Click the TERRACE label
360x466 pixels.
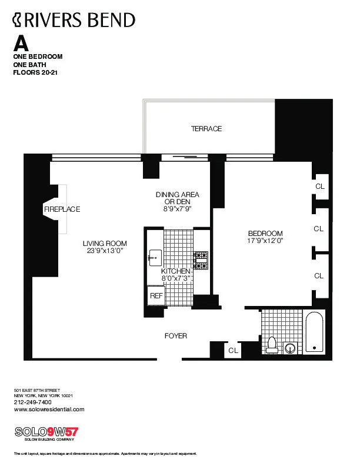pos(206,129)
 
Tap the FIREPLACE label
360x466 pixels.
pos(61,209)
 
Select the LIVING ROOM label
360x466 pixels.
pos(105,244)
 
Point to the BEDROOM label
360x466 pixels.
pos(265,233)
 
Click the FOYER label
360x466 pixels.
pos(175,336)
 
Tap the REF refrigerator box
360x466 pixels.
pos(156,296)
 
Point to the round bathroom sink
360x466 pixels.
pos(289,348)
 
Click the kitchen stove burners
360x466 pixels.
pos(201,261)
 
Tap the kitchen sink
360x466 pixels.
pos(155,257)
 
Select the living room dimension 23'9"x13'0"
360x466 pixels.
pos(105,251)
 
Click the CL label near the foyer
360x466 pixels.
pos(234,350)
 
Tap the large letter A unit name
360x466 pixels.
pos(21,43)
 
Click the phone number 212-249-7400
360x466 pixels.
pos(32,402)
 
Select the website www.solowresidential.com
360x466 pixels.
pos(48,410)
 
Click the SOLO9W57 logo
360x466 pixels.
pos(45,431)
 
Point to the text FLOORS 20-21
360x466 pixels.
pos(35,73)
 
